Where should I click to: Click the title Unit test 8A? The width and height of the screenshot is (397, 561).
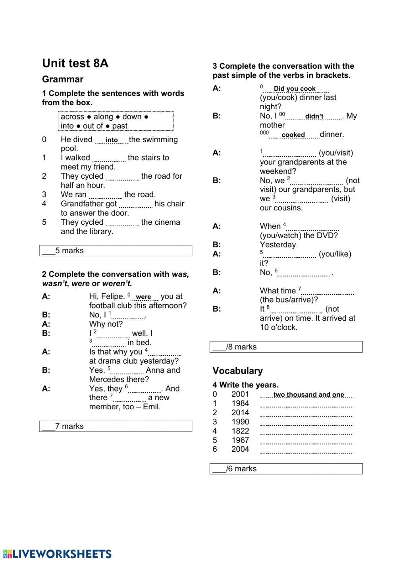point(75,64)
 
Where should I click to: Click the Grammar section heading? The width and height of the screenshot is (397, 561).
point(63,79)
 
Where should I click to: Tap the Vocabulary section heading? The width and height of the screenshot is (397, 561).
point(237,371)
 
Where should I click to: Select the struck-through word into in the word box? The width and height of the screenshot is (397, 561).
point(67,126)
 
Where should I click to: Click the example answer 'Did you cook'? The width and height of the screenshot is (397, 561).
point(295,89)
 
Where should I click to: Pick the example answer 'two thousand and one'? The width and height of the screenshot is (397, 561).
point(308,395)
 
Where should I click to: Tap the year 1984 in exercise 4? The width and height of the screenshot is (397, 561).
point(240,403)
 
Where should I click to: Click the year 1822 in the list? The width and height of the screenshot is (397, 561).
point(240,431)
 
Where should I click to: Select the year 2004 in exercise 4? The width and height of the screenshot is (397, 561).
point(240,449)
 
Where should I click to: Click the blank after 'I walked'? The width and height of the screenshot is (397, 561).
point(109,159)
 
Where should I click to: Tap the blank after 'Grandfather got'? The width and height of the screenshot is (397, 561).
point(136,205)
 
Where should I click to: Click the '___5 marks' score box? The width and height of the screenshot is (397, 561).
point(116,251)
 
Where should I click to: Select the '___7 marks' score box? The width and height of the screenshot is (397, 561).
point(116,426)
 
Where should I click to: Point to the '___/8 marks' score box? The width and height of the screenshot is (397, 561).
point(286,347)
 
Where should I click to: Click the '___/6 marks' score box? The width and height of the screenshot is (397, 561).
point(286,469)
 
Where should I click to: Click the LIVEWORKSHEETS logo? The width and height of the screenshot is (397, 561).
point(56,554)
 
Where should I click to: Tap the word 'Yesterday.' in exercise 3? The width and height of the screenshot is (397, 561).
point(279,245)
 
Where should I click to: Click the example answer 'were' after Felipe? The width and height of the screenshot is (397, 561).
point(143,297)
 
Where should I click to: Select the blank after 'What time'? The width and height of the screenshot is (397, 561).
point(328,293)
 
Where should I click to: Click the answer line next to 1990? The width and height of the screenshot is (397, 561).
point(306,423)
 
